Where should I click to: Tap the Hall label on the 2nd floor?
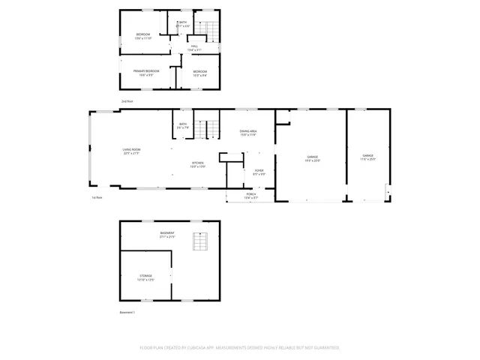[x=193, y=48]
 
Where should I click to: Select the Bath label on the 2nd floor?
[x=182, y=23]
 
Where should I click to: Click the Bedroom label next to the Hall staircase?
[x=143, y=36]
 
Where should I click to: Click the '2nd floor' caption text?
[x=127, y=100]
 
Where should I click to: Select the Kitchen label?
[x=197, y=164]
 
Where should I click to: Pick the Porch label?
[x=252, y=196]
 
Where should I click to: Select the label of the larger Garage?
[x=312, y=158]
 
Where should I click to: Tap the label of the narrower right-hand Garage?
[x=367, y=157]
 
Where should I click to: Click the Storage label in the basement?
[x=145, y=277]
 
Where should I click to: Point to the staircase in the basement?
[x=200, y=242]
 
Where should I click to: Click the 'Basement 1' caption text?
[x=127, y=312]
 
